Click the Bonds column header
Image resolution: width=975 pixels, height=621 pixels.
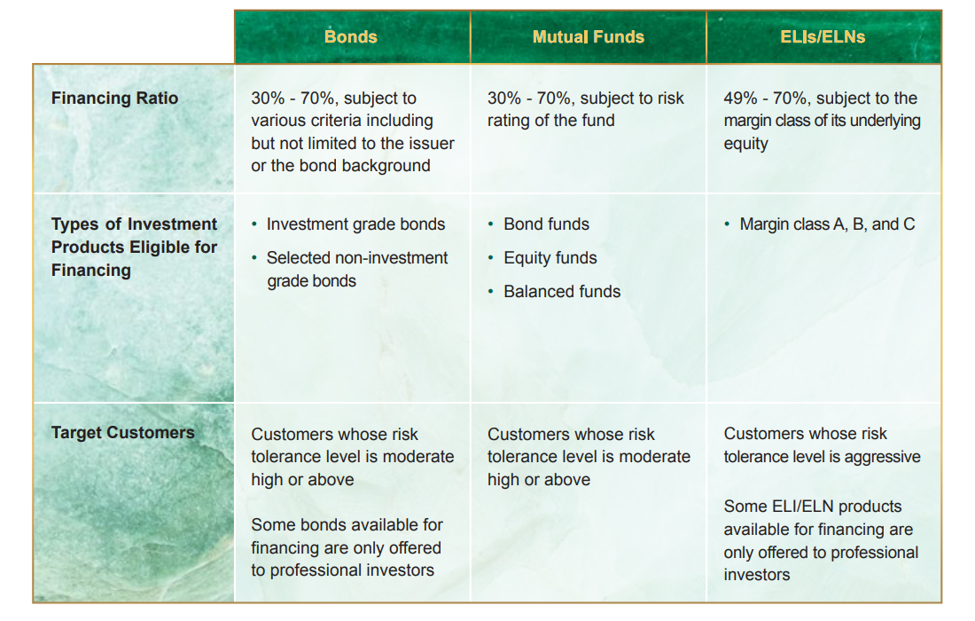pos(351,36)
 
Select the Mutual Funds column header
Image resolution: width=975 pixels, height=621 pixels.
pos(589,36)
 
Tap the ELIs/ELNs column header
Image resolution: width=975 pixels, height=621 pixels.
pos(823,36)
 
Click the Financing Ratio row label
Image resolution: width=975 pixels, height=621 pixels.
pos(114,98)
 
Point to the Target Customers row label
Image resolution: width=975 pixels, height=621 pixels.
pos(122,432)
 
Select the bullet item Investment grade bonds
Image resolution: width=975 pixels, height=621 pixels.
pos(355,224)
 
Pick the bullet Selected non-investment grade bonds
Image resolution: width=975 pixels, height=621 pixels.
pos(357,270)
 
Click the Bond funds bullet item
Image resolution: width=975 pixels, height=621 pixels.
pos(547,224)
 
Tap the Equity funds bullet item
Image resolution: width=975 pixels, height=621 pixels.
pos(550,257)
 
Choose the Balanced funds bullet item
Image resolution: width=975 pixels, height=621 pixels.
pos(562,291)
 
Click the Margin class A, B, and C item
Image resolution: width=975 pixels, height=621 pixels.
pos(827,224)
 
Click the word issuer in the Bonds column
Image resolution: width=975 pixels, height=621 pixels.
pos(432,143)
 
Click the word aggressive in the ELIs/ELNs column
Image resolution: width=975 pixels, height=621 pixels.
pos(882,458)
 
